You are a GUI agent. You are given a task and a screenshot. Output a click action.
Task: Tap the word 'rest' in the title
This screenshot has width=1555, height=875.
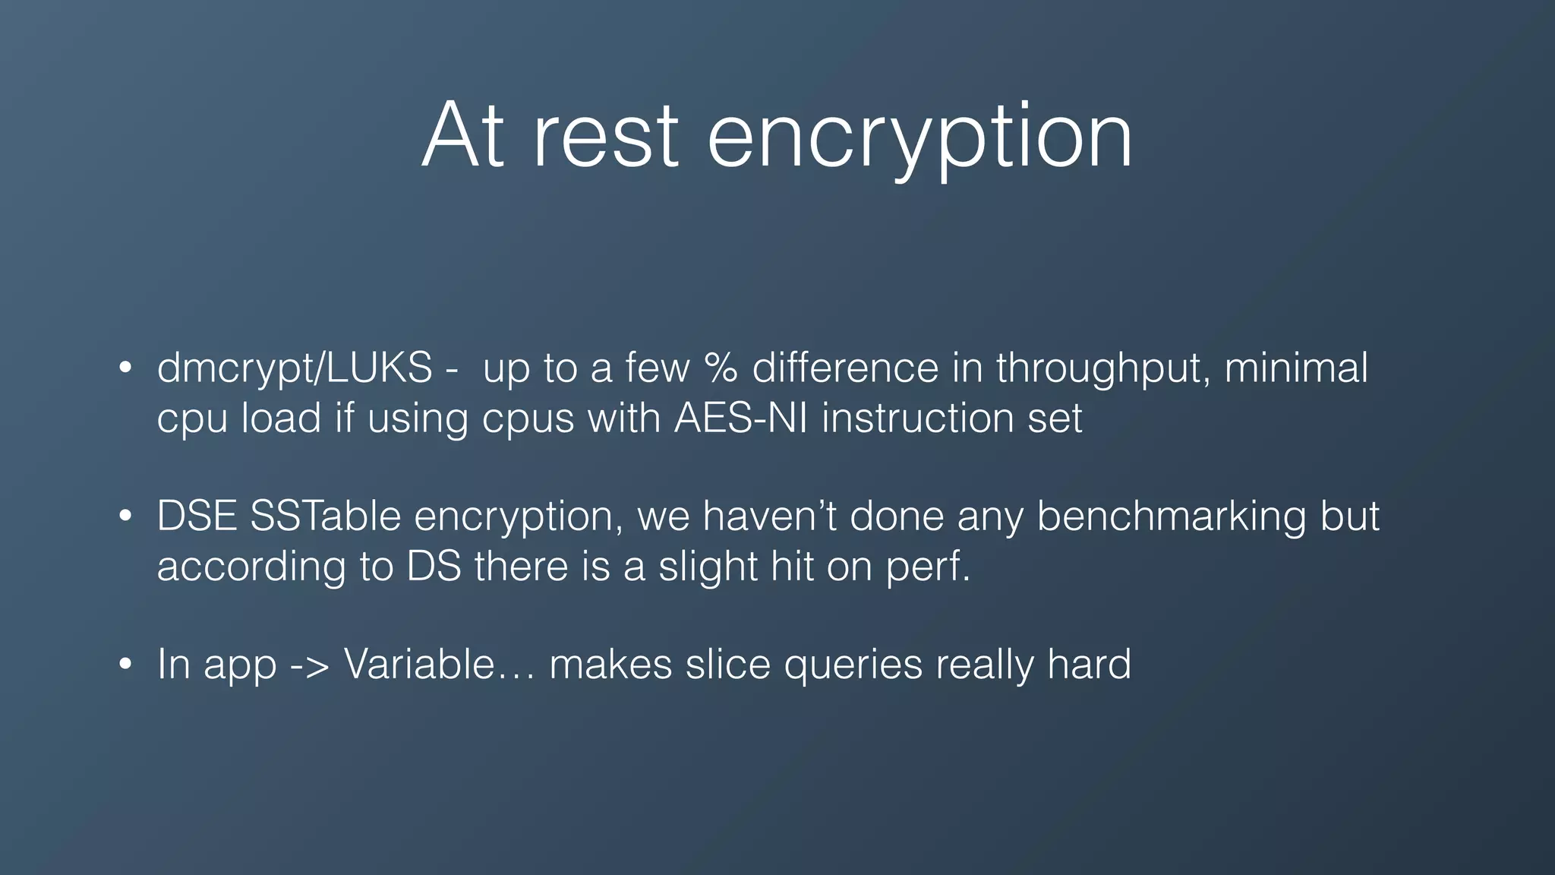tap(604, 137)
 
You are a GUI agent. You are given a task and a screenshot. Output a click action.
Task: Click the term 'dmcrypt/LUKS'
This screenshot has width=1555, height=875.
tap(295, 369)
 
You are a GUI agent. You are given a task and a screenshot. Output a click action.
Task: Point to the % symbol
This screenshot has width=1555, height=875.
tap(721, 368)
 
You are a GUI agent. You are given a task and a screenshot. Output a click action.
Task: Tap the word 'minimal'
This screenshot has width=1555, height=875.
tap(1296, 368)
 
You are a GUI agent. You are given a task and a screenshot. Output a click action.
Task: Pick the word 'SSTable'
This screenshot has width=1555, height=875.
tap(325, 516)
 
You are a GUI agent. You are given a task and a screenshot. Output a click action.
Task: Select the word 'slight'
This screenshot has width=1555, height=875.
tap(708, 567)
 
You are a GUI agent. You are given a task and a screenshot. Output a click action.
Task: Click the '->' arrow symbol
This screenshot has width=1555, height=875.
tap(310, 665)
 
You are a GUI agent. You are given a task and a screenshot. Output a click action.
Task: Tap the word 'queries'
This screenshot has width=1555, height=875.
tap(853, 665)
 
